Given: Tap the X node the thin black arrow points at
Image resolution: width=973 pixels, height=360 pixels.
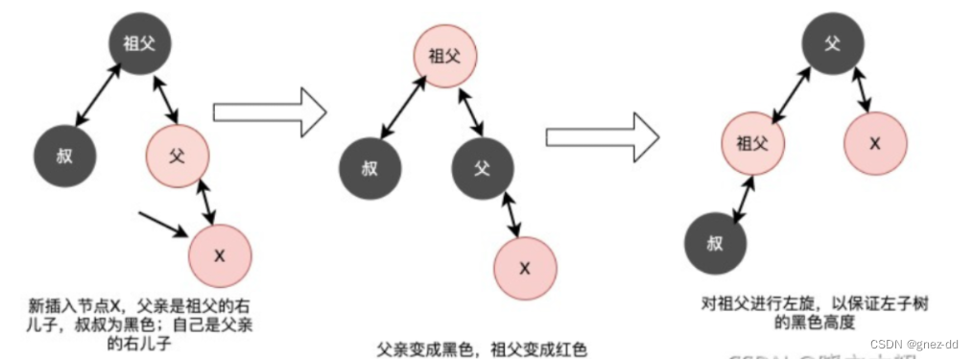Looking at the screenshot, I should pos(220,255).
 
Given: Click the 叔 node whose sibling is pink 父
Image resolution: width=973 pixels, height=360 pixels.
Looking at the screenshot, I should pos(64,156).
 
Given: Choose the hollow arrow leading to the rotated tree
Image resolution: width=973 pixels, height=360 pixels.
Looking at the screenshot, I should pos(603,134).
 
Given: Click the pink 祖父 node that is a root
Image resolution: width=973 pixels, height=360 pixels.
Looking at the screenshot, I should pos(443,56).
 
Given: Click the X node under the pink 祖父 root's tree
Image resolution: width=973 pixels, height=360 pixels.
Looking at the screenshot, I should pos(525,268).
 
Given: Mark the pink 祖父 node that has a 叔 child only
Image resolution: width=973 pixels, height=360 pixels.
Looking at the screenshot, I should pos(753,145).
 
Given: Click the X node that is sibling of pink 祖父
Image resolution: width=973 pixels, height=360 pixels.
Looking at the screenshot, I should pos(875,143).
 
